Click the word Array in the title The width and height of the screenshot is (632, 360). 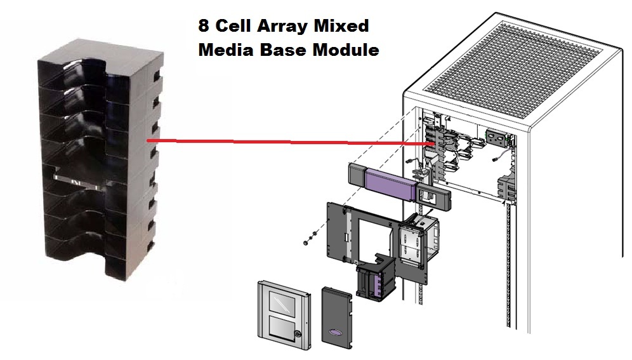coord(273,27)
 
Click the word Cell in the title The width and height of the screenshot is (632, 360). coord(231,27)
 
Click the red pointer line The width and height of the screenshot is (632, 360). coord(286,143)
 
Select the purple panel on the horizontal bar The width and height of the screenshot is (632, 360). coord(388,185)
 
